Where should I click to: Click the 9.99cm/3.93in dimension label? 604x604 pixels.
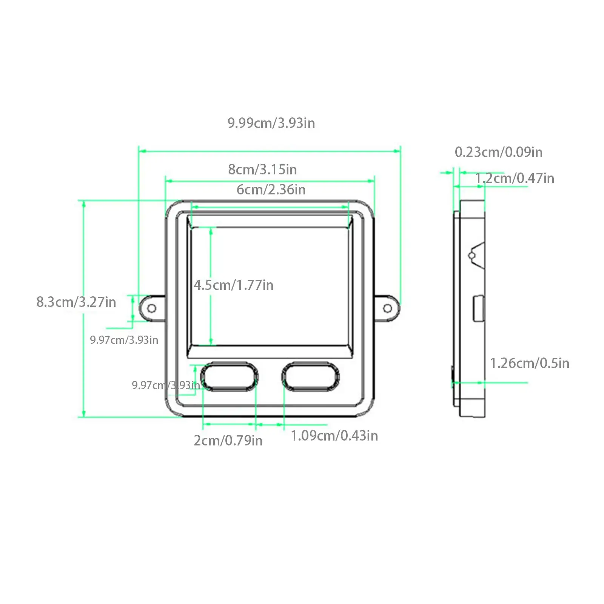[x=271, y=123]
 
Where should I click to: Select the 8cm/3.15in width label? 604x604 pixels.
[x=262, y=169]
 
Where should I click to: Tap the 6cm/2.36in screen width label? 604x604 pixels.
[x=271, y=190]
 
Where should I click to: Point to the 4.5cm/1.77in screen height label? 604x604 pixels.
[x=234, y=285]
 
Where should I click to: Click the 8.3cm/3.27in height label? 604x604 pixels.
[x=76, y=302]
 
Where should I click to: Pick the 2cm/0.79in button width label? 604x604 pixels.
[x=228, y=441]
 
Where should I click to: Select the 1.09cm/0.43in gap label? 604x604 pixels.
[x=334, y=436]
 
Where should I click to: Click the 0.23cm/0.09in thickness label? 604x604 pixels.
[x=498, y=152]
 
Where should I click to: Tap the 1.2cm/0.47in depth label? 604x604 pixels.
[x=514, y=178]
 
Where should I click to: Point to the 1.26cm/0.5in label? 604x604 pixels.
[x=529, y=363]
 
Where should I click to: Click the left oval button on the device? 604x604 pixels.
[x=229, y=377]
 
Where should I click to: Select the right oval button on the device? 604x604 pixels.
[x=310, y=377]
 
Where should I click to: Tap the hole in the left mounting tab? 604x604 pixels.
[x=151, y=308]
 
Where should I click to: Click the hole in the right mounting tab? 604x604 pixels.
[x=387, y=308]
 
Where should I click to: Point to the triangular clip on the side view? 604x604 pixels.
[x=477, y=256]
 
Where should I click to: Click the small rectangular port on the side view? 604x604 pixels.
[x=479, y=309]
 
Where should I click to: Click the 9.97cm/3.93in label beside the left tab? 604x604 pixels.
[x=124, y=340]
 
